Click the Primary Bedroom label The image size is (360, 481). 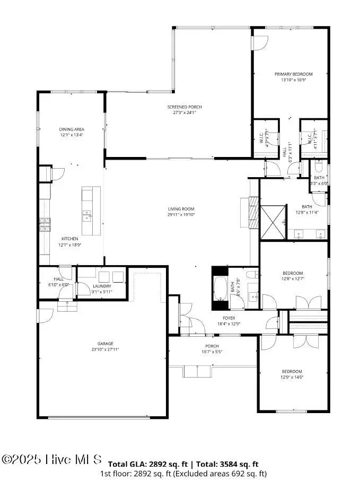tap(293, 74)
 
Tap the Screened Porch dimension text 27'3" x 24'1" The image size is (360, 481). tap(184, 112)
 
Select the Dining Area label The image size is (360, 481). tap(72, 129)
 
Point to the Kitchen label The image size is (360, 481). tap(69, 239)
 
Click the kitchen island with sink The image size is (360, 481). tap(90, 211)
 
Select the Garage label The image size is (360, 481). tap(105, 344)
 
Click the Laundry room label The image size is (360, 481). tap(101, 286)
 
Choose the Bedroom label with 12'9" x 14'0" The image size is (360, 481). tap(292, 371)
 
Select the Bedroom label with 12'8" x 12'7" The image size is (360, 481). tap(293, 273)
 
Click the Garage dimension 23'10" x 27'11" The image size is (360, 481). tap(105, 349)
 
